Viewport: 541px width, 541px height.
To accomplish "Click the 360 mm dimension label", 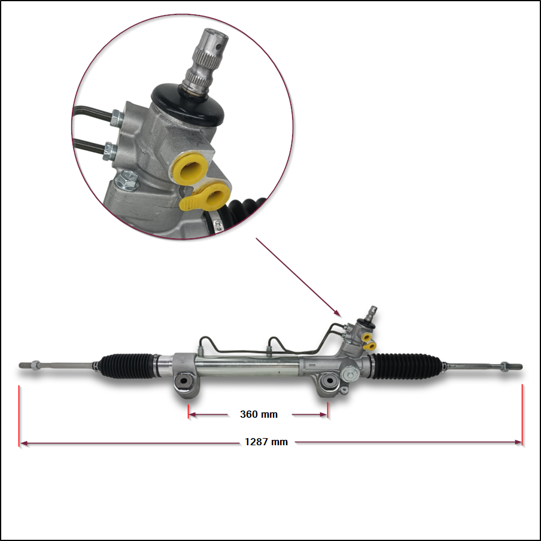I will (x=259, y=414).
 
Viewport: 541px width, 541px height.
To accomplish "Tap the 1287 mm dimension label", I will (x=266, y=442).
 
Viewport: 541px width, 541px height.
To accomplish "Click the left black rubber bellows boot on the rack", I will (x=126, y=365).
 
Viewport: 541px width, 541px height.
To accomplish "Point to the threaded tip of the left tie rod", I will (x=25, y=364).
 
